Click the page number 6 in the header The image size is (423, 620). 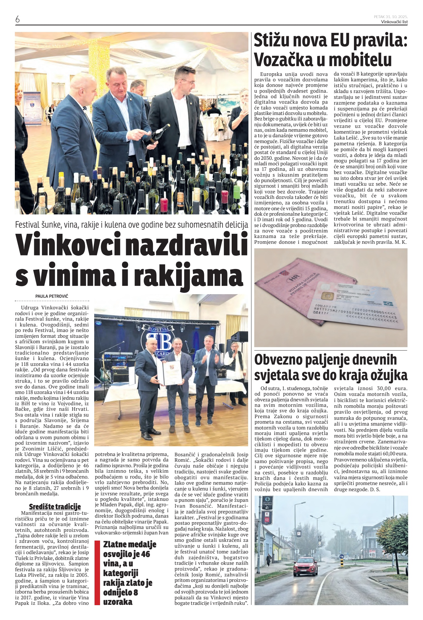pos(17,19)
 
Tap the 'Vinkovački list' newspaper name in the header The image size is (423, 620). pos(394,22)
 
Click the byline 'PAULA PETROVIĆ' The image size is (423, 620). pos(52,296)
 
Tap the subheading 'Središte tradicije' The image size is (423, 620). pos(55,506)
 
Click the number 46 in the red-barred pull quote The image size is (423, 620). pos(146,554)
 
